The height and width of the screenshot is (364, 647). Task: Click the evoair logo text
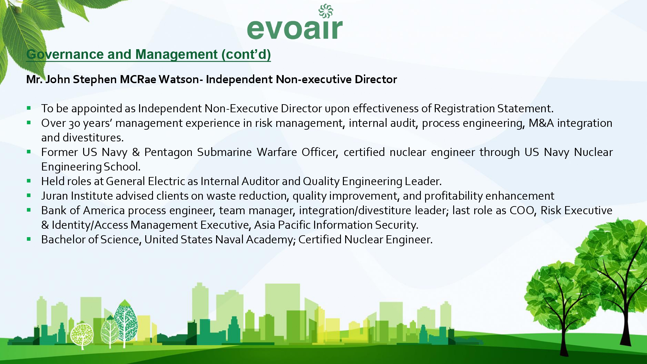coord(295,29)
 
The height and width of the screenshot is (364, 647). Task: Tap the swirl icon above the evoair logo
coord(326,11)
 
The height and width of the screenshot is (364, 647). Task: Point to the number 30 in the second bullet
coord(74,123)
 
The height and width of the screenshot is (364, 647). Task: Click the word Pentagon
coord(168,152)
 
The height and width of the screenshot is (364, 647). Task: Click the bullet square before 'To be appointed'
coord(29,108)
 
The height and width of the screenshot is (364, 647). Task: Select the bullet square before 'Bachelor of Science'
coord(29,239)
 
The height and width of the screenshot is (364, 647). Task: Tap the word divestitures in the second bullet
coord(93,138)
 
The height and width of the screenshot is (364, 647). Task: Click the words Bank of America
coord(83,211)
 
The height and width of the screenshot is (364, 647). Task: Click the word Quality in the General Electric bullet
coord(321,182)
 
